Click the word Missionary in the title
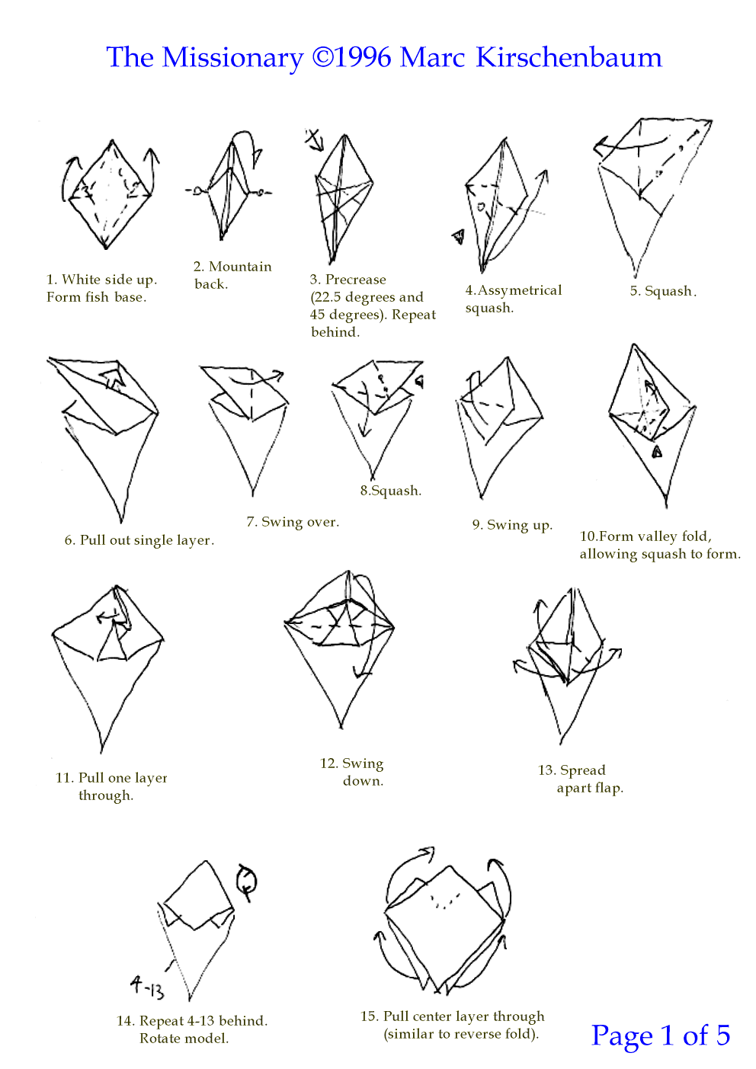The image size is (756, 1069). coord(233,58)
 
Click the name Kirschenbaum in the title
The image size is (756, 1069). coord(569,57)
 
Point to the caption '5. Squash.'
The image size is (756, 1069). coord(663,290)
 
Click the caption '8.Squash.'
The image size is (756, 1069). coord(391,491)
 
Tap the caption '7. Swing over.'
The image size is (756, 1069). coord(293,522)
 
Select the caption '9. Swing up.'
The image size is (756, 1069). coord(512,525)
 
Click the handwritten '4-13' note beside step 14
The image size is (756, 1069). coord(147,988)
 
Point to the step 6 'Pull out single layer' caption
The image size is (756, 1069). coord(139,540)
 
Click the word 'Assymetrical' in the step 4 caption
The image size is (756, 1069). coord(520,290)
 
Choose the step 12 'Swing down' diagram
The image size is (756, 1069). coord(340,648)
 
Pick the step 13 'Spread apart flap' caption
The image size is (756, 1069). coord(581,779)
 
